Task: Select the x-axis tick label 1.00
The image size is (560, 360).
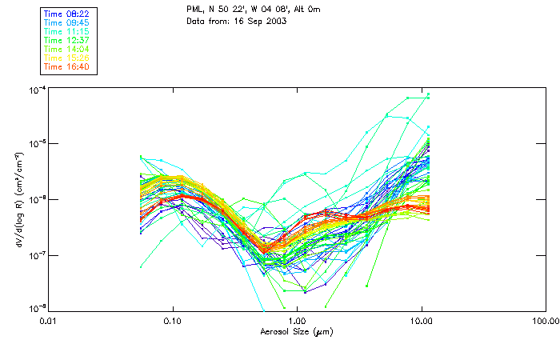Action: coord(298,322)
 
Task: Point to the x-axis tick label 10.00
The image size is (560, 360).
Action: coord(422,322)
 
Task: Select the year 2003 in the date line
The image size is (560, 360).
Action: coord(275,20)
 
